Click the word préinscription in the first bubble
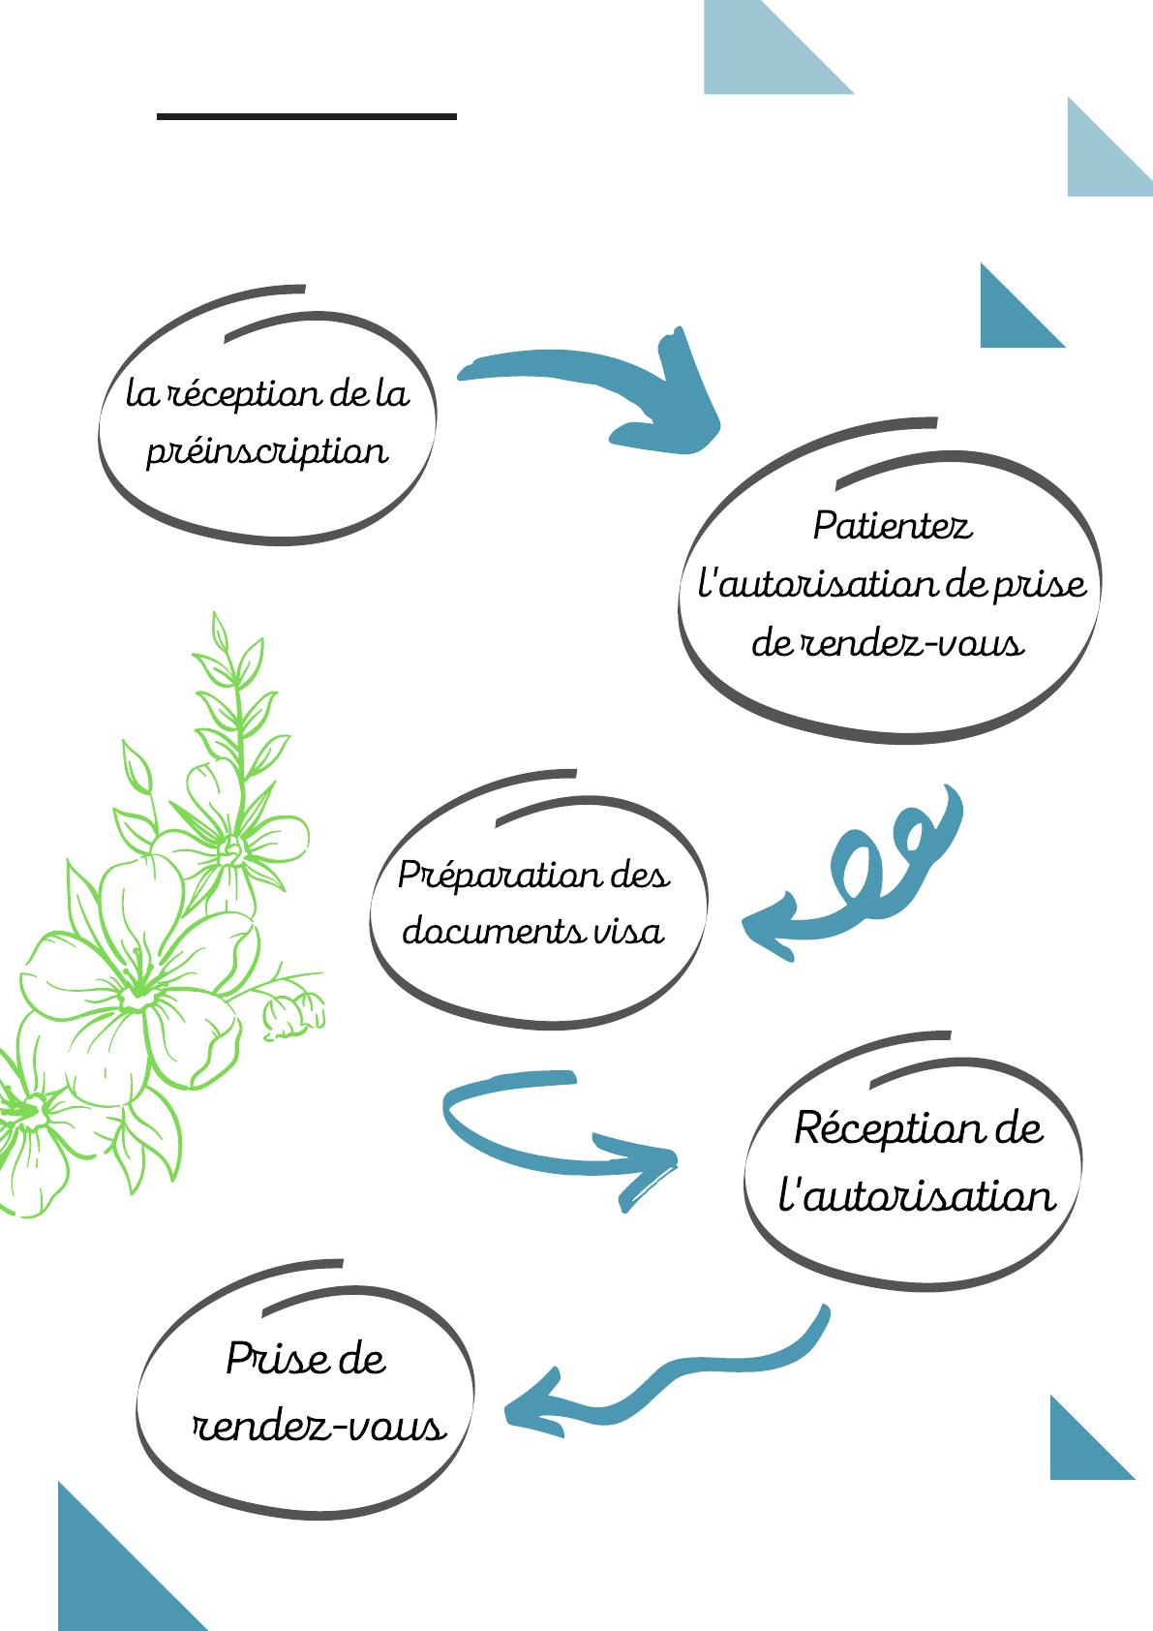(266, 451)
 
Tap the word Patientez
(892, 527)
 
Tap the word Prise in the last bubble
(266, 1359)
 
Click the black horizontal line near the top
(306, 116)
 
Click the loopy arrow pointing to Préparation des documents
(862, 872)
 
